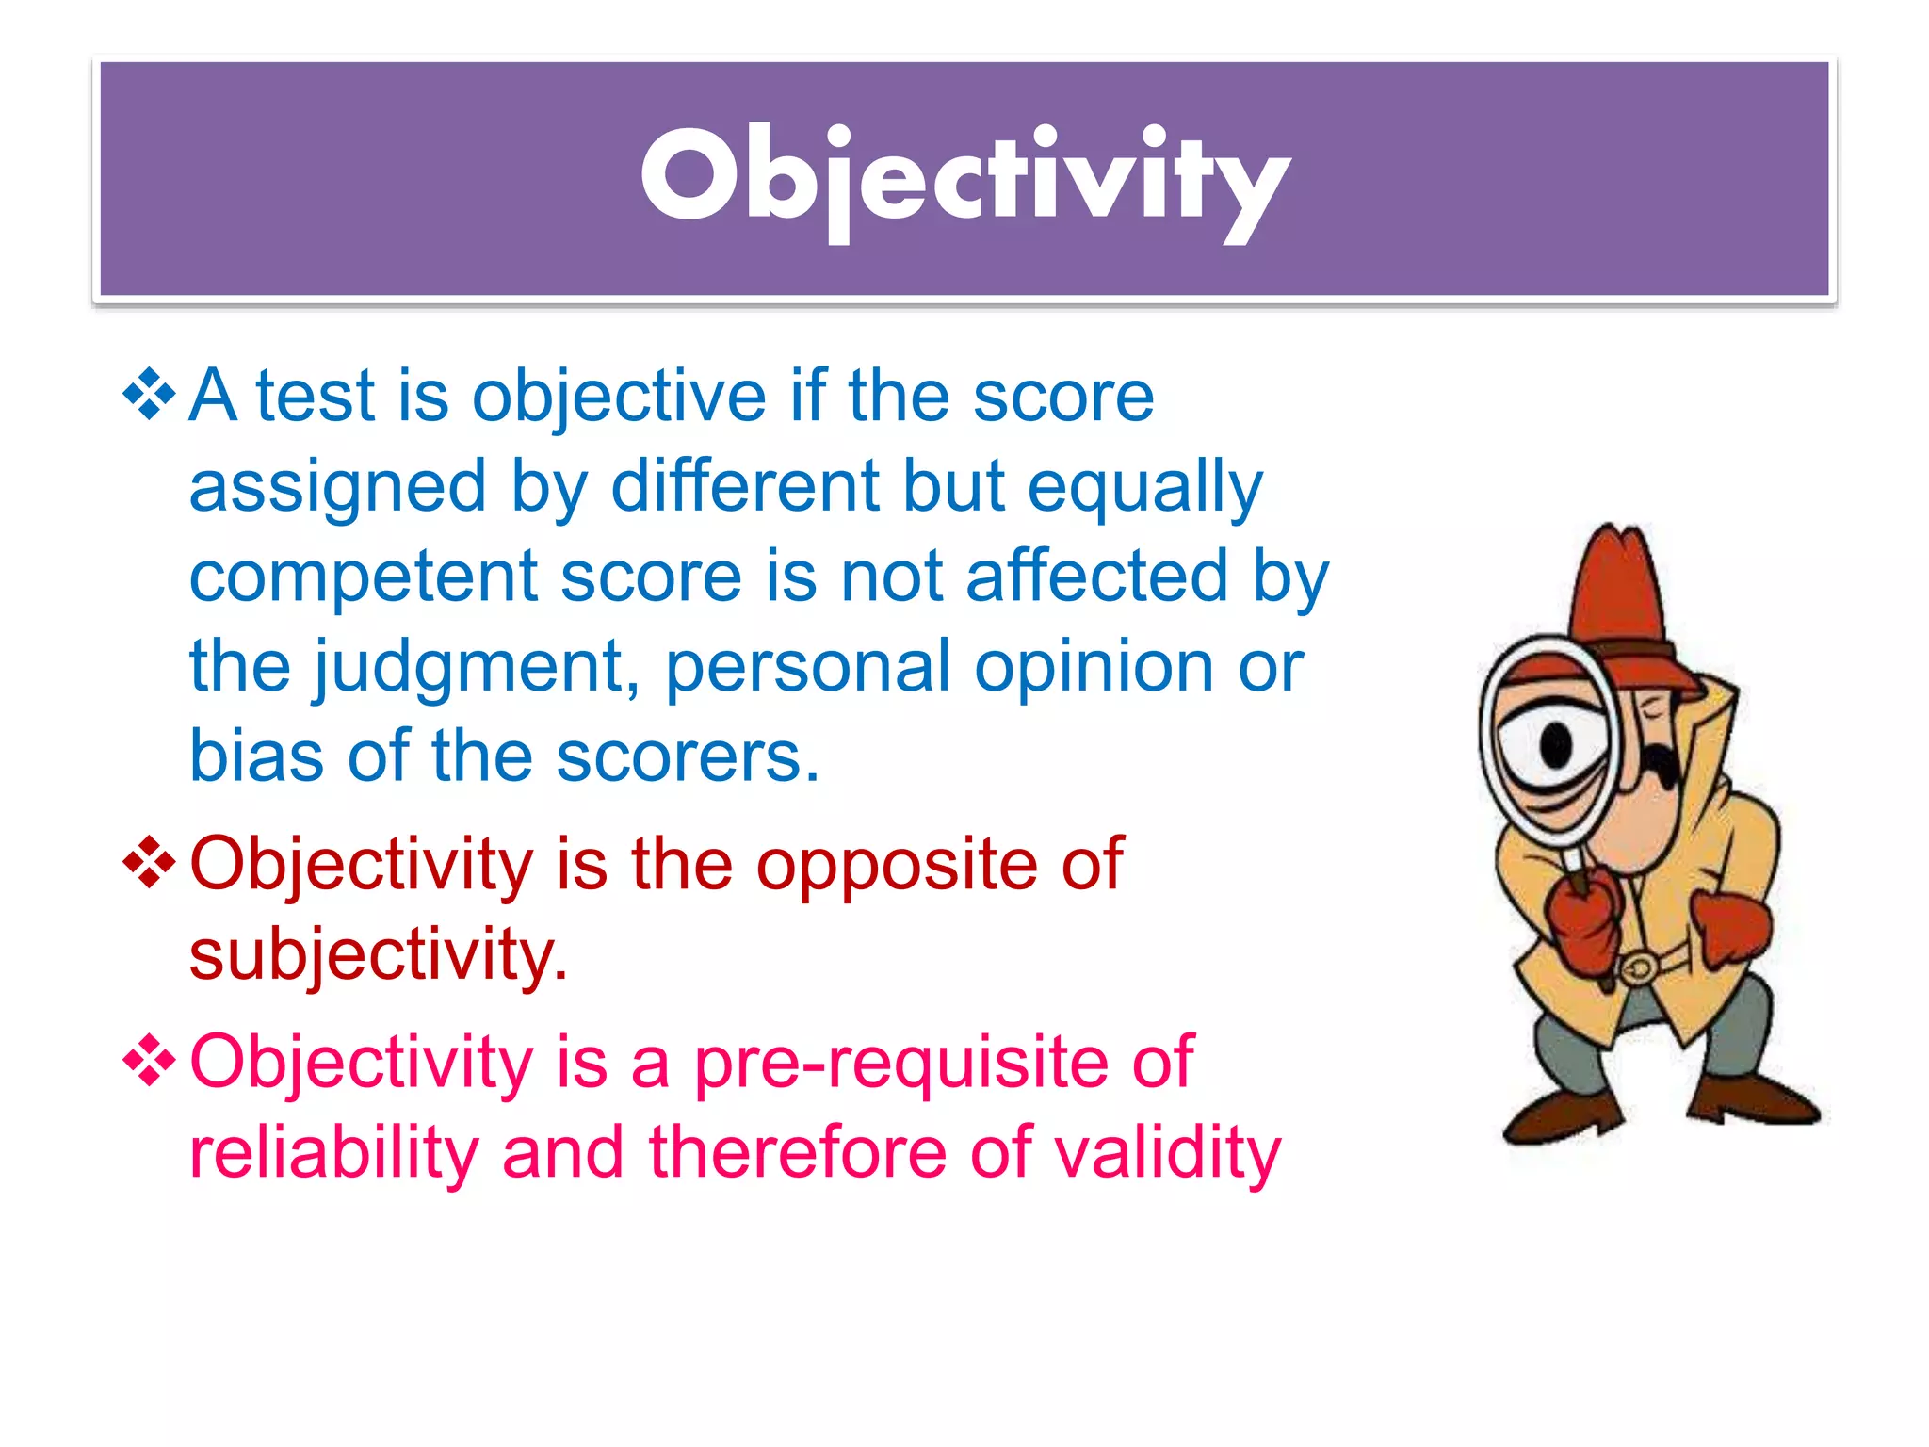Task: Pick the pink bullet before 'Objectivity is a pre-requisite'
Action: pyautogui.click(x=149, y=1061)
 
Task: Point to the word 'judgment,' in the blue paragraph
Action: pyautogui.click(x=477, y=667)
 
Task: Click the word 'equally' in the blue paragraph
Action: pyautogui.click(x=1144, y=488)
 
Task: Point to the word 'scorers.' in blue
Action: pyautogui.click(x=688, y=756)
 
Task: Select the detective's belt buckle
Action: pyautogui.click(x=1640, y=967)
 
